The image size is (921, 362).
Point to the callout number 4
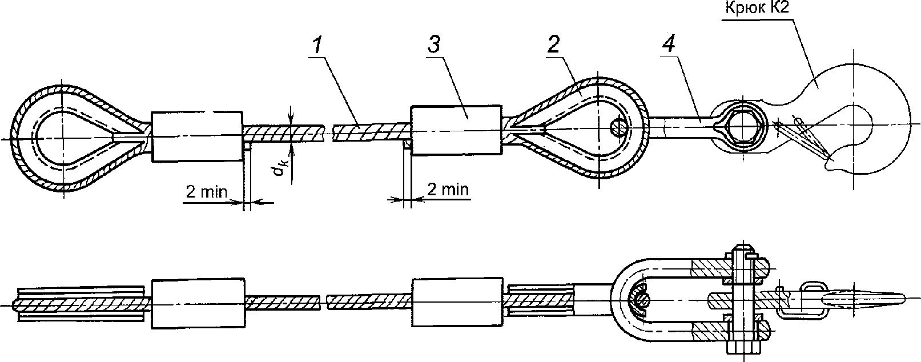tap(669, 44)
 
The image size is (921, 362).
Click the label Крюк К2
tap(758, 8)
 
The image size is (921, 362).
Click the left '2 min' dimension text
tap(206, 192)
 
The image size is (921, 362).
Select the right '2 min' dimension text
tap(448, 189)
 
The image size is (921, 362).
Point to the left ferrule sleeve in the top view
tap(198, 136)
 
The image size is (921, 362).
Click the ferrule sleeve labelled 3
tap(456, 131)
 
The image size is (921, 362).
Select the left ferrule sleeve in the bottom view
tap(198, 304)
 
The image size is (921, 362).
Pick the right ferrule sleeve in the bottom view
tap(457, 303)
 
